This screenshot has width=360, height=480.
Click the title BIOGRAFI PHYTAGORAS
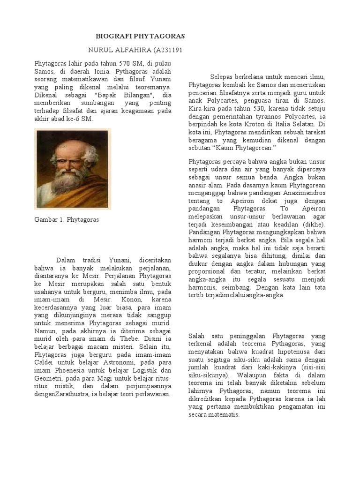point(140,36)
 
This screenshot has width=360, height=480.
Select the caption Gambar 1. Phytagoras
point(67,219)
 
